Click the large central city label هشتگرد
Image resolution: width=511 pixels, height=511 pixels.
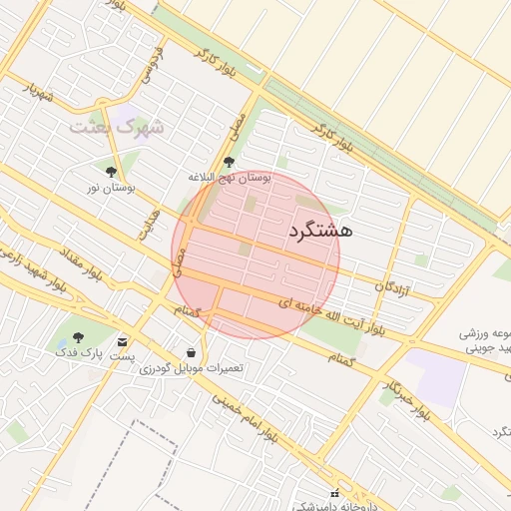(320, 230)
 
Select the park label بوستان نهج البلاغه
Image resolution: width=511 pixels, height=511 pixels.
(230, 177)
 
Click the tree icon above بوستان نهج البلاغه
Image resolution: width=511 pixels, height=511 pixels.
(229, 162)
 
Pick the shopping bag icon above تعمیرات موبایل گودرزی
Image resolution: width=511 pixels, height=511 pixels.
(191, 352)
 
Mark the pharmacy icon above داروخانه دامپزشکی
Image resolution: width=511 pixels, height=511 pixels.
(336, 492)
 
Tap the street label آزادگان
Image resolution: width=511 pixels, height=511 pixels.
(393, 287)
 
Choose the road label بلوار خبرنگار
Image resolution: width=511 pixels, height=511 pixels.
(407, 397)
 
